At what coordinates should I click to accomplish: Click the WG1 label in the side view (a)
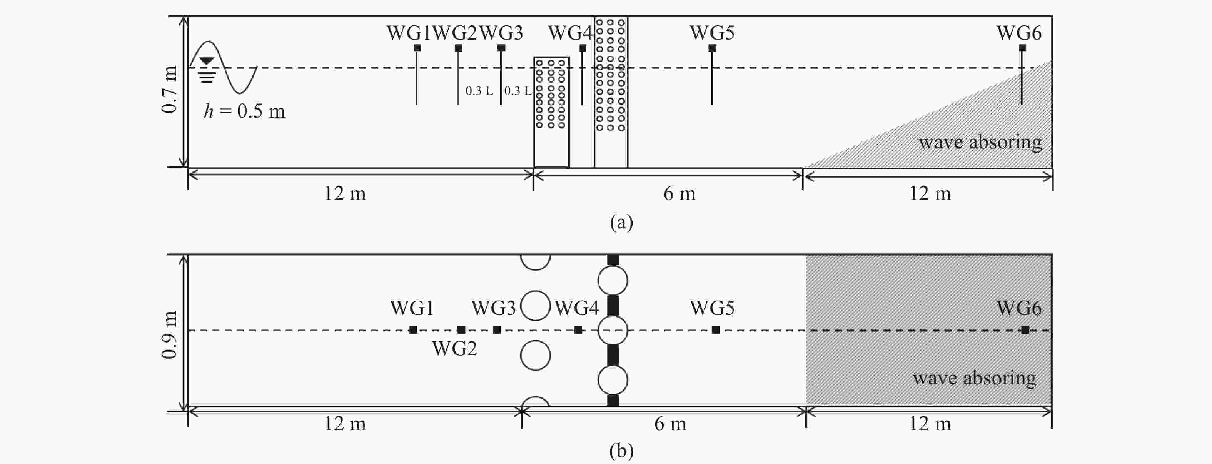click(x=408, y=33)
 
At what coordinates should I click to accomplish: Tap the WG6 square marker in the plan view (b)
click(x=1025, y=330)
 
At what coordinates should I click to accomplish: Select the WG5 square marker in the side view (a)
click(x=712, y=48)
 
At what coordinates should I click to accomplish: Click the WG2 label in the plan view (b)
click(x=454, y=348)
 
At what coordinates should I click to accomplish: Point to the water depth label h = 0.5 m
click(x=244, y=111)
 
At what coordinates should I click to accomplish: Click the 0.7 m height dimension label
click(x=169, y=89)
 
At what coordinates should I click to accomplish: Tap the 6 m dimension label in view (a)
click(x=679, y=193)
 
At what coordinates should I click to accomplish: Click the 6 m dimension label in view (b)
click(x=670, y=424)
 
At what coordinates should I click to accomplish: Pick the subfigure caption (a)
click(x=621, y=221)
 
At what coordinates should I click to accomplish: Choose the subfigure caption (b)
click(x=621, y=451)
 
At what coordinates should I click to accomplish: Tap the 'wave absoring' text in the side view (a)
click(x=980, y=142)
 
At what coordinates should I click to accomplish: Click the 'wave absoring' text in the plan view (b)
click(x=974, y=378)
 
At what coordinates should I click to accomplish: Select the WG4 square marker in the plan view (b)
click(x=578, y=330)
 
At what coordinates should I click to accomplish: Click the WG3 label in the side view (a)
click(x=501, y=33)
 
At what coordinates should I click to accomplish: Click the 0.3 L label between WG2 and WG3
click(x=479, y=91)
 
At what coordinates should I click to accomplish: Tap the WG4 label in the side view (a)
click(x=570, y=33)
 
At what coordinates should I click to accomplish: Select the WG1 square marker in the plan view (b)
click(x=413, y=330)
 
